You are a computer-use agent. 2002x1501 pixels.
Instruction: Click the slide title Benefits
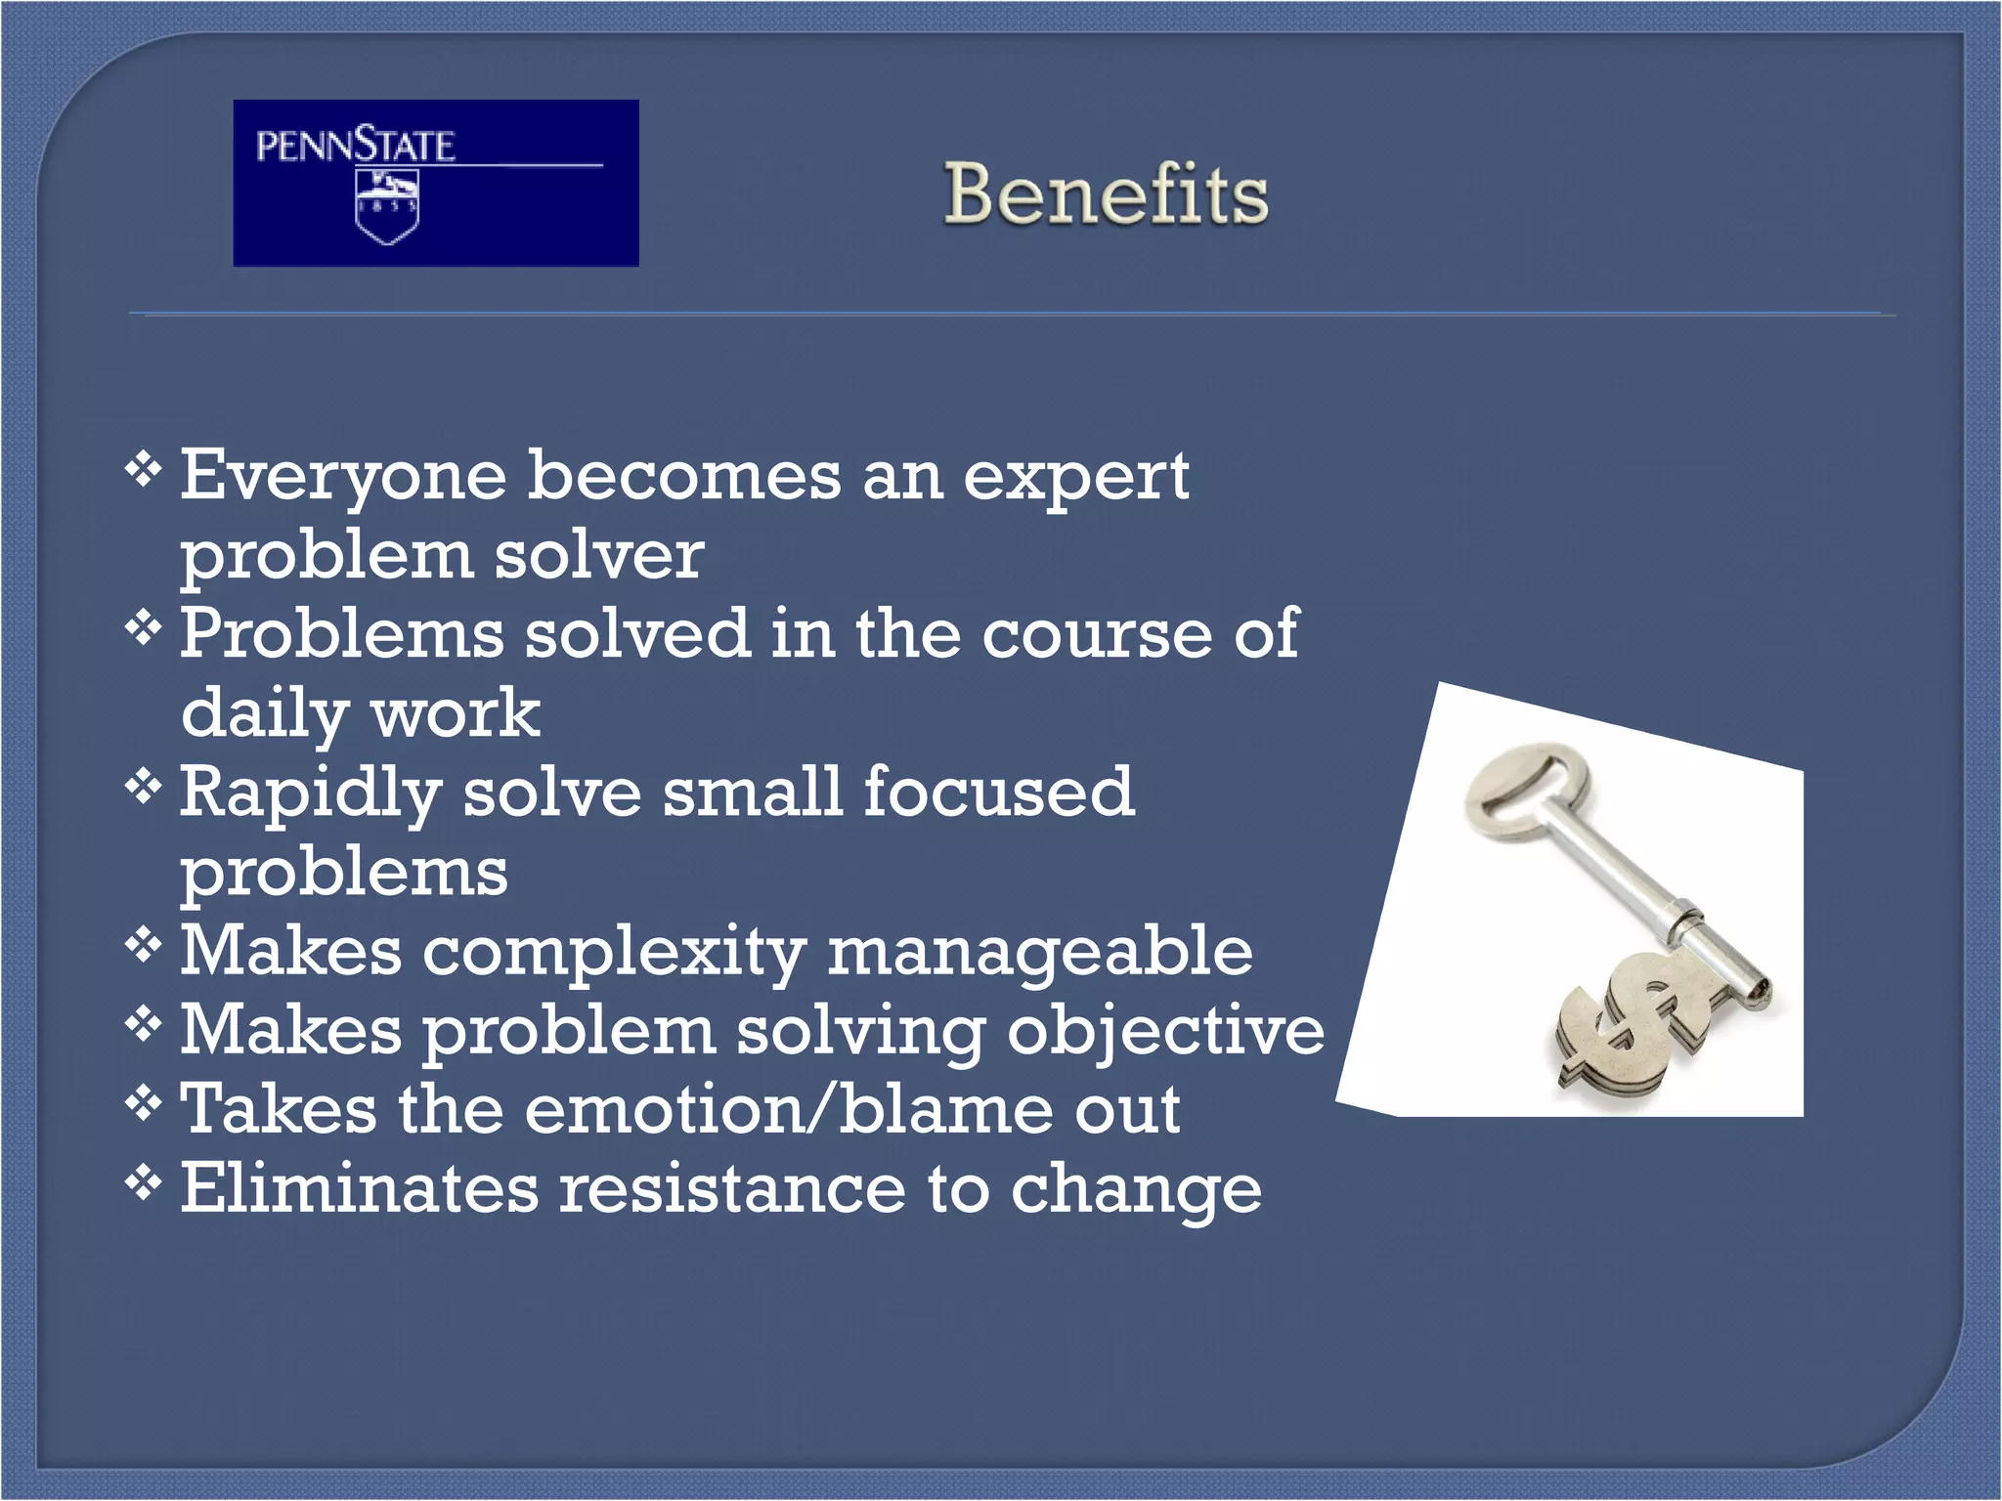click(x=1106, y=194)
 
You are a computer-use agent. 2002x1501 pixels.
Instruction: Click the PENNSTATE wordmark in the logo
click(x=355, y=147)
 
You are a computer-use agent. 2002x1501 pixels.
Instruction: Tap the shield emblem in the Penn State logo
click(x=387, y=206)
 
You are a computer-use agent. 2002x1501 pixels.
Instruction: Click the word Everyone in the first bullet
click(x=343, y=478)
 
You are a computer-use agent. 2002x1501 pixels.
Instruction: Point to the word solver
click(x=598, y=555)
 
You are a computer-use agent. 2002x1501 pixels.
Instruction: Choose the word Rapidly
click(x=310, y=794)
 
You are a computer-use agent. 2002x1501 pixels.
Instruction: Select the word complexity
click(x=614, y=954)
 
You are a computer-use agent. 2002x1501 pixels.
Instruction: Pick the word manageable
click(x=1040, y=954)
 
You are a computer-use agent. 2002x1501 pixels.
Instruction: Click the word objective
click(x=1165, y=1033)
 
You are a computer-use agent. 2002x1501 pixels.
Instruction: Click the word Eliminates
click(x=359, y=1189)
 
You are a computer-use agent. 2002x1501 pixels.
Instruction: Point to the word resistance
click(x=732, y=1189)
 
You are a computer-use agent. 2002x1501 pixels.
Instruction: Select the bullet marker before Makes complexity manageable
click(x=143, y=944)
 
